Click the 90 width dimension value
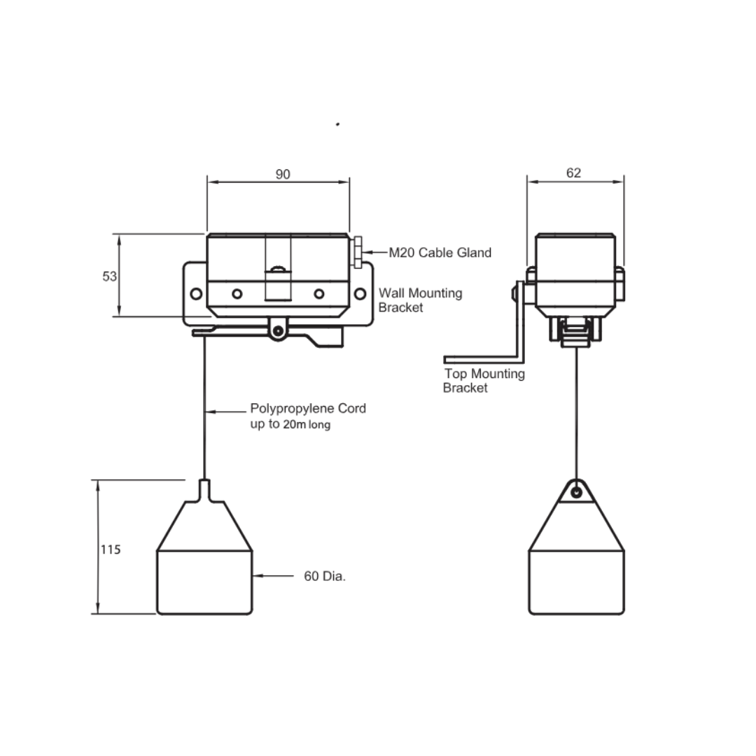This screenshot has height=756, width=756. pyautogui.click(x=283, y=174)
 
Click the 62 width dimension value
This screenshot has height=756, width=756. pyautogui.click(x=573, y=173)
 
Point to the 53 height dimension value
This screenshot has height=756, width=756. pyautogui.click(x=109, y=276)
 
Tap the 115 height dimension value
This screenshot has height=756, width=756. pyautogui.click(x=111, y=549)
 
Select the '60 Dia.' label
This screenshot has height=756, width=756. pyautogui.click(x=325, y=576)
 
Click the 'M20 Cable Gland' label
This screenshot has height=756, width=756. pyautogui.click(x=440, y=253)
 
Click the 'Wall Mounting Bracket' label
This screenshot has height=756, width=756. pyautogui.click(x=420, y=300)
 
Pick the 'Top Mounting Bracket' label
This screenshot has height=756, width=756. pyautogui.click(x=484, y=380)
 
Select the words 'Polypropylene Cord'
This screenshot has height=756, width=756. pyautogui.click(x=308, y=408)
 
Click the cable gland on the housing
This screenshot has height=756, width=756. pyautogui.click(x=357, y=252)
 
